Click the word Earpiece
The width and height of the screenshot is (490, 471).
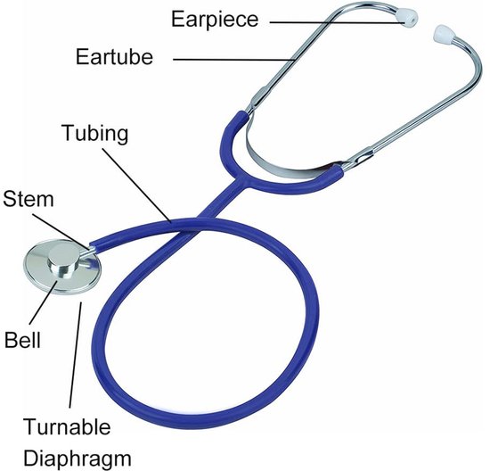215,20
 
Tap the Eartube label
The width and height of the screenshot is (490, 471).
114,57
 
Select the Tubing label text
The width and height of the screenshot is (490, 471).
94,134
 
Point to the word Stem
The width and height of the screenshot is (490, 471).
29,199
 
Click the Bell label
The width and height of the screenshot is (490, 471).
22,340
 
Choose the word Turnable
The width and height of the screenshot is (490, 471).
67,426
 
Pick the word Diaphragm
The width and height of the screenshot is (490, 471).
78,459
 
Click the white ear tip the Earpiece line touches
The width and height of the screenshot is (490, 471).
409,20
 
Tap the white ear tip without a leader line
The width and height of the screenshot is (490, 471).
443,33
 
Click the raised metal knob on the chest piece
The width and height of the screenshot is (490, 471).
63,261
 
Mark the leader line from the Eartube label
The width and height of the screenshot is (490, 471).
234,60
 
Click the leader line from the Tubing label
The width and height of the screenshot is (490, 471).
136,185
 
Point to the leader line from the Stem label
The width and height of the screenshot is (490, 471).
61,232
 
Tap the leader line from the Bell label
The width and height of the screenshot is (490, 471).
43,302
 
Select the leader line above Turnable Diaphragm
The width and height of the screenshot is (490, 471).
76,354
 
